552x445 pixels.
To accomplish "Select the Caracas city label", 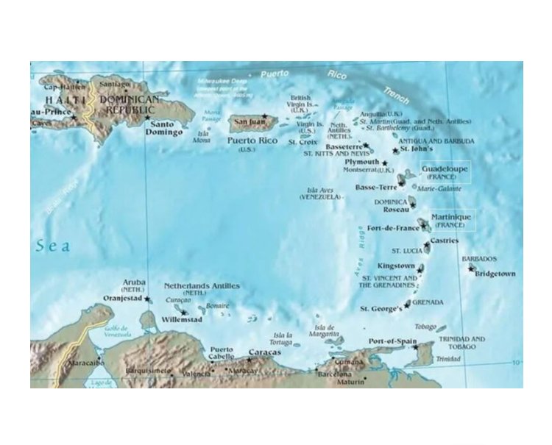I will (264, 353).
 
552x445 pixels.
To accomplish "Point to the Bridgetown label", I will (495, 274).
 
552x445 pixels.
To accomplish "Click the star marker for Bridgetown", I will (472, 268).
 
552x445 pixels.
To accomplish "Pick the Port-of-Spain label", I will (392, 341).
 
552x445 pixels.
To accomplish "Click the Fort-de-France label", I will (392, 228).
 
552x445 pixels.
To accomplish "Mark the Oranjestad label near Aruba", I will (122, 299).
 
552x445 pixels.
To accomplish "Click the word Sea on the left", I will (54, 246).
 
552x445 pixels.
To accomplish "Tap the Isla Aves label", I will (319, 190).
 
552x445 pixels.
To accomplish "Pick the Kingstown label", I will (396, 265).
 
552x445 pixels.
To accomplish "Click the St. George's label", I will (381, 308).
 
